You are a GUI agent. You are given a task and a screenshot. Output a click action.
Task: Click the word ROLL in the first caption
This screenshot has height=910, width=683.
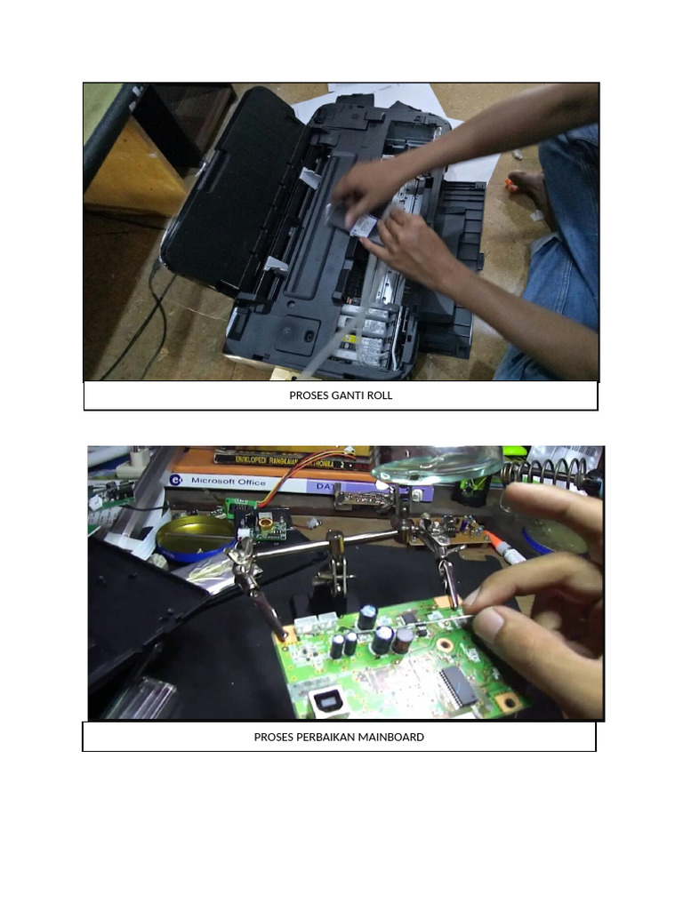pos(377,395)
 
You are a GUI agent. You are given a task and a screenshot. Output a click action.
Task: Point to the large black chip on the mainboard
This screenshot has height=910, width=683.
pos(459,685)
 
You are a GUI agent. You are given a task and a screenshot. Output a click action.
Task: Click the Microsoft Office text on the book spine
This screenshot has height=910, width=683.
pos(228,481)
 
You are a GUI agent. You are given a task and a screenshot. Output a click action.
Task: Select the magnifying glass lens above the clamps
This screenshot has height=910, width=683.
pos(436,465)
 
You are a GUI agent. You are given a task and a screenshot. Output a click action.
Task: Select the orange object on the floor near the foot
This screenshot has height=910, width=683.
pos(510,184)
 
